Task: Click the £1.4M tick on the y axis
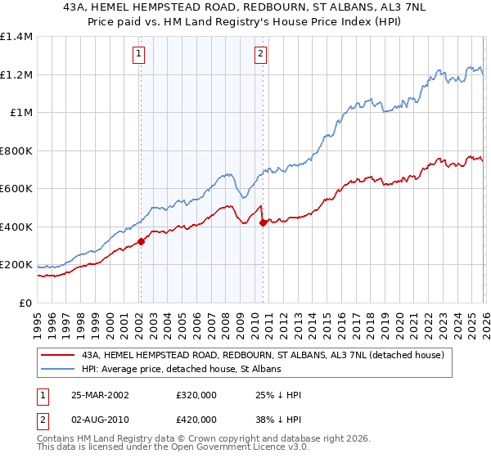coord(17,37)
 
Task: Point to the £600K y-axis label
coord(17,189)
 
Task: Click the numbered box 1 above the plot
coord(139,55)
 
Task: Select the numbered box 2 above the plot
coord(260,55)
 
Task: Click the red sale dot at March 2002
coord(141,241)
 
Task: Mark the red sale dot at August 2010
coord(262,222)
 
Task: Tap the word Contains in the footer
coord(56,440)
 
